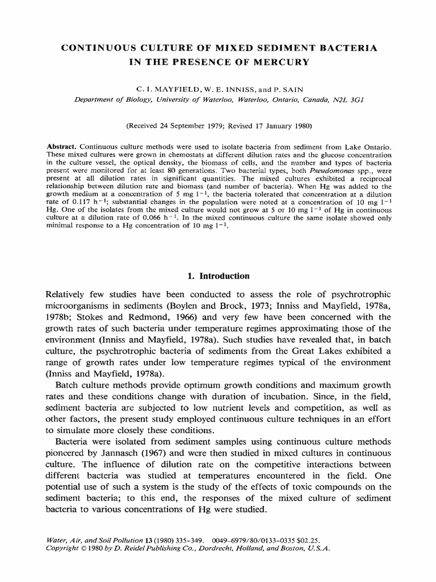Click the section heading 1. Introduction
tap(218, 276)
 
